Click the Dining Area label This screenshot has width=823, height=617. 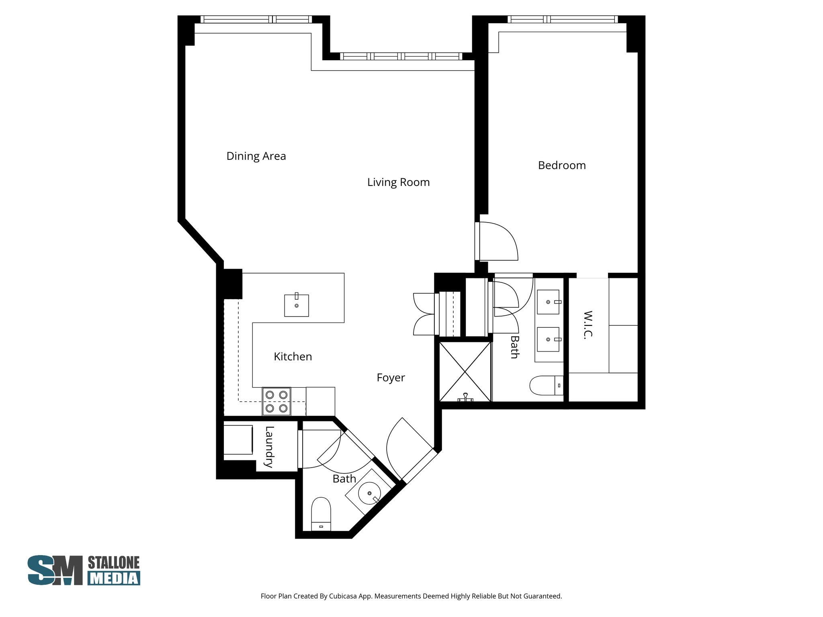coord(256,156)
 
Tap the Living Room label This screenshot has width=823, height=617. coord(398,182)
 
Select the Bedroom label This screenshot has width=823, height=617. coord(562,165)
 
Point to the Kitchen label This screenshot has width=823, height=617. coord(293,356)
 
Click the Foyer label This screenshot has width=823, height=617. coord(391,378)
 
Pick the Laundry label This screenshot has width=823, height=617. coord(269,447)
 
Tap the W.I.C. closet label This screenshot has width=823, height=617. coord(588,325)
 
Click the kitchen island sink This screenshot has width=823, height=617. coord(297,305)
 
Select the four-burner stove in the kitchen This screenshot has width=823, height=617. coord(276,401)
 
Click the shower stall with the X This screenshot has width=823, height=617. coord(465,372)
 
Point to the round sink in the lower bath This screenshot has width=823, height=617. coord(369,492)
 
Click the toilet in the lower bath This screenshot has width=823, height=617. coord(321,514)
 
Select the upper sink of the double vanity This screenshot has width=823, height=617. coord(548,302)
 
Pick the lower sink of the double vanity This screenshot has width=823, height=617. coord(548,339)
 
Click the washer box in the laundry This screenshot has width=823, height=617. coord(238,440)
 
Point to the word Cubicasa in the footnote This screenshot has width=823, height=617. coord(344,596)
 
